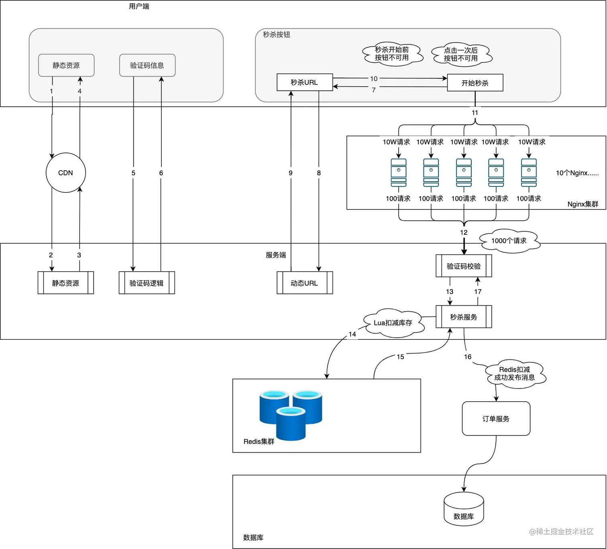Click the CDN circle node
[x=66, y=173]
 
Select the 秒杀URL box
[x=305, y=82]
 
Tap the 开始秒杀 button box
[x=475, y=83]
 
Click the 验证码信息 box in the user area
[x=147, y=65]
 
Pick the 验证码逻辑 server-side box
[x=147, y=283]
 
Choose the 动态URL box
[x=305, y=283]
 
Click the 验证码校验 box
[x=464, y=266]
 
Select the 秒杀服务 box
[x=464, y=317]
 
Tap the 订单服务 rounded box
[x=496, y=419]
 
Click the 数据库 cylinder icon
[x=464, y=510]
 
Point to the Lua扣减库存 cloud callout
[x=393, y=323]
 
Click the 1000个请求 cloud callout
[x=509, y=241]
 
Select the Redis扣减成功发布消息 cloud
[x=515, y=374]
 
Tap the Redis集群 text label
[x=259, y=441]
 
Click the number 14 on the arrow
[x=352, y=334]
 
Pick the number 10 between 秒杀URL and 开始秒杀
[x=374, y=79]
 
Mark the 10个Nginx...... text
[x=577, y=173]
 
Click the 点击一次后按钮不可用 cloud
[x=461, y=55]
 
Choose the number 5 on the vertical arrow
[x=133, y=173]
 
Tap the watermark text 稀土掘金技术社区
[x=564, y=531]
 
